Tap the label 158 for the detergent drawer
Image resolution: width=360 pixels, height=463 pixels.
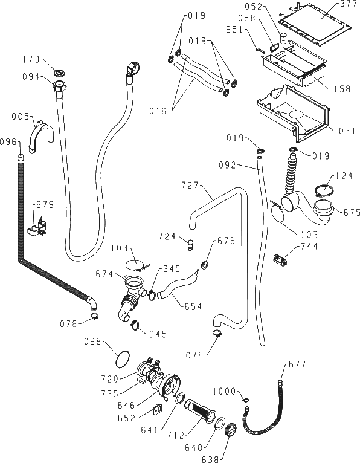[342, 89]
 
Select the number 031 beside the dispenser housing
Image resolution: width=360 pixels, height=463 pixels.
[347, 131]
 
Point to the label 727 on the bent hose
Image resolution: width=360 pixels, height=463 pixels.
[190, 185]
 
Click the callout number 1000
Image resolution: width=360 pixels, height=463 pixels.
[225, 392]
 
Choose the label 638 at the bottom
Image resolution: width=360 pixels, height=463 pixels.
[210, 459]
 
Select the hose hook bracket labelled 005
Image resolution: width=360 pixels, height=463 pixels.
[42, 137]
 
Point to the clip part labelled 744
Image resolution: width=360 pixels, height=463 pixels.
[280, 260]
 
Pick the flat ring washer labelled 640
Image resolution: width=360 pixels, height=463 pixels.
[219, 424]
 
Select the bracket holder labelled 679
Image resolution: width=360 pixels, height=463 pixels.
[38, 227]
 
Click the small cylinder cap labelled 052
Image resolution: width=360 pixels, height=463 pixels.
[283, 39]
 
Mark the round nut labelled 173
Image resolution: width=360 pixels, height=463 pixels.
[60, 73]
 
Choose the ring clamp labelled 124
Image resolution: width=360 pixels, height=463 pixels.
[324, 190]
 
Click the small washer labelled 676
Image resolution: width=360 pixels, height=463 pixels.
[204, 265]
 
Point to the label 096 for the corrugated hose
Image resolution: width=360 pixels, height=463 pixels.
[8, 142]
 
